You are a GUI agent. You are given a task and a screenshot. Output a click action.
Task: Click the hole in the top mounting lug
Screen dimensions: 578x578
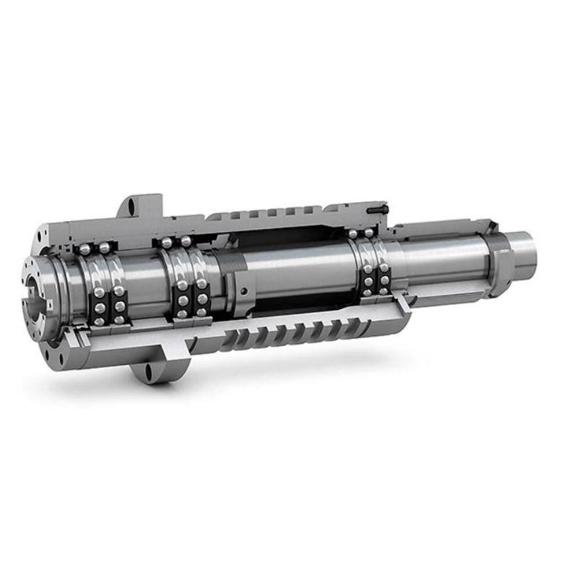tap(133, 207)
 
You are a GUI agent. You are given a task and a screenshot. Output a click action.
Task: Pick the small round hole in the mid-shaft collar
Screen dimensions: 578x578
tap(245, 291)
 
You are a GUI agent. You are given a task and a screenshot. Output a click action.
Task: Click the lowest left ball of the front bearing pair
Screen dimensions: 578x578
tap(99, 321)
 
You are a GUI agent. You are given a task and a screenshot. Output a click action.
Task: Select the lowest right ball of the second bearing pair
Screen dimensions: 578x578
tap(202, 312)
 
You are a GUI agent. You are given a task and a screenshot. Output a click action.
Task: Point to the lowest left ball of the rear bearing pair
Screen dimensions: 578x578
tap(368, 292)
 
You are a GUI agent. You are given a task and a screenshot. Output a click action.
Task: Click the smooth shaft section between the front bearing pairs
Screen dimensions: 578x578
tap(144, 282)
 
